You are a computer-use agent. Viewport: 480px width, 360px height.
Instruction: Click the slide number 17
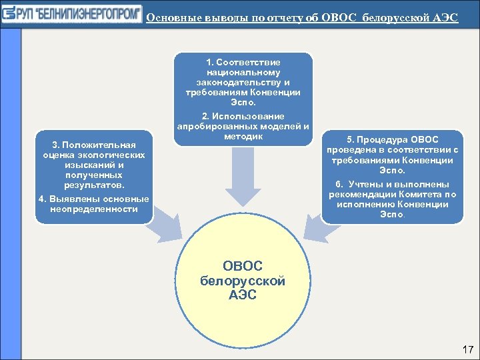point(467,349)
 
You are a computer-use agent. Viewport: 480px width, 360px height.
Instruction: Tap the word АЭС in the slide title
point(444,17)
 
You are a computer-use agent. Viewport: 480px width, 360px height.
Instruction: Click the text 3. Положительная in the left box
point(93,145)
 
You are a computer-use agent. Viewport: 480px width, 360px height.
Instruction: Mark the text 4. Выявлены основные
point(93,199)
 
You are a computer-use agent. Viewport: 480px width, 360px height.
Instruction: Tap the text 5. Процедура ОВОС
point(392,139)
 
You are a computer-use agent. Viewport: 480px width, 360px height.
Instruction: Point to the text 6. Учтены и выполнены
point(392,184)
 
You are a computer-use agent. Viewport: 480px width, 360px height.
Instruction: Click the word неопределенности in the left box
point(93,209)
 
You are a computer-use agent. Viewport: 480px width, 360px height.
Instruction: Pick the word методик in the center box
point(243,137)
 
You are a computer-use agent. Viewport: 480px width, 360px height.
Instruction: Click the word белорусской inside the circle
point(243,281)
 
